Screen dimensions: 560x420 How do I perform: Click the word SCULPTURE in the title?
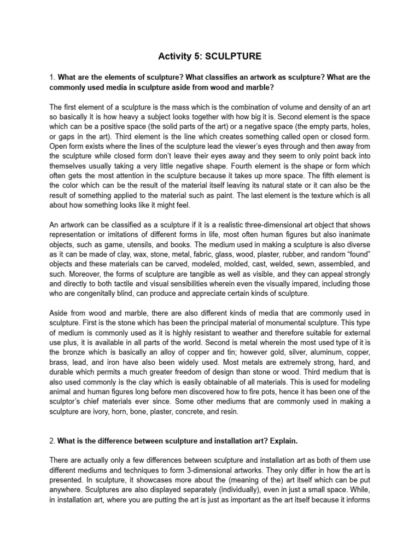pyautogui.click(x=238, y=56)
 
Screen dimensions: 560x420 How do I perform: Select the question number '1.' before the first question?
pyautogui.click(x=52, y=78)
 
